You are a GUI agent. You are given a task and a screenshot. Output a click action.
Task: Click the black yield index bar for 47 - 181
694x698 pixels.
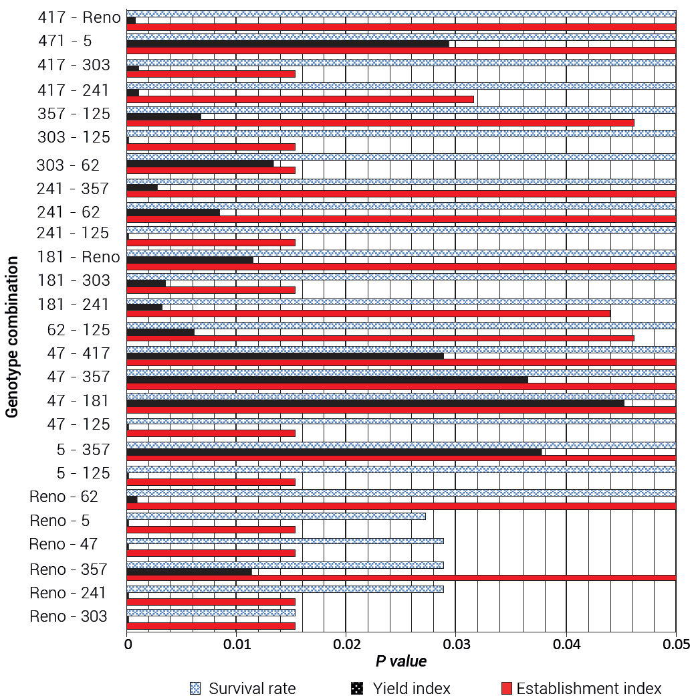[x=374, y=403]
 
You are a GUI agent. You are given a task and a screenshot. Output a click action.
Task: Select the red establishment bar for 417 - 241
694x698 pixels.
[x=300, y=99]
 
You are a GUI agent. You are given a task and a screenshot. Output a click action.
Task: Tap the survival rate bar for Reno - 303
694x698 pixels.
[x=211, y=612]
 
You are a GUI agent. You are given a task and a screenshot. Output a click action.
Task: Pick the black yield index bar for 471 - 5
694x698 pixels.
[x=287, y=43]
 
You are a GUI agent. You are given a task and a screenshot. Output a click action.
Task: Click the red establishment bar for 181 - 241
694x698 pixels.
[x=368, y=313]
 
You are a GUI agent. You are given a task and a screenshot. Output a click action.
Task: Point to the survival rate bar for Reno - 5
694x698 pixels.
[x=275, y=516]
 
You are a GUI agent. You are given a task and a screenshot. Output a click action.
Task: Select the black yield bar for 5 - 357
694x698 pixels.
[x=334, y=452]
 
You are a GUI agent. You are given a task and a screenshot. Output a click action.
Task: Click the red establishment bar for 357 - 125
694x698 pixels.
[x=380, y=122]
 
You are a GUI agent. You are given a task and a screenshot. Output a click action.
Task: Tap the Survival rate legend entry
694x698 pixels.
[x=243, y=689]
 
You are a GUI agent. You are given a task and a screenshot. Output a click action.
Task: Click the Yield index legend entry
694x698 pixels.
[x=401, y=689]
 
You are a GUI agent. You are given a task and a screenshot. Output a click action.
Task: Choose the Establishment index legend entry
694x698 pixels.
[x=581, y=689]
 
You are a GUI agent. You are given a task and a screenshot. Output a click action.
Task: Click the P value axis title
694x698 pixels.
[x=401, y=661]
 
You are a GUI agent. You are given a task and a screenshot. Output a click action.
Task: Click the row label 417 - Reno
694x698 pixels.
[x=79, y=17]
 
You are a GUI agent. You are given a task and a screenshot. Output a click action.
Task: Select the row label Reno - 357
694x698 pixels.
[x=68, y=570]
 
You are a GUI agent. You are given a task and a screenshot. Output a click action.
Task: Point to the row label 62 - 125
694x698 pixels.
[x=78, y=330]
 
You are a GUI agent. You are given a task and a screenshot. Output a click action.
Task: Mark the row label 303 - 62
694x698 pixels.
[x=68, y=165]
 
